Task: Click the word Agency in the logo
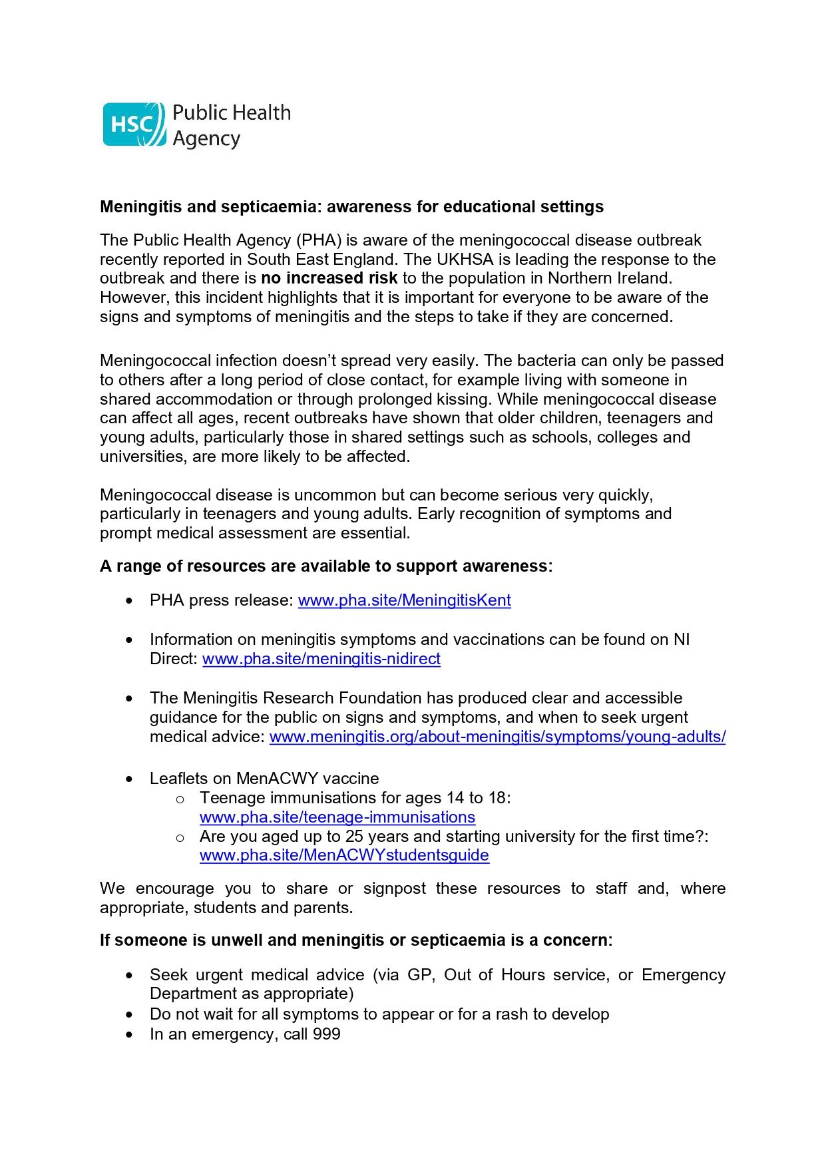tap(206, 139)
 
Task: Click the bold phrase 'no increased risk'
tap(329, 278)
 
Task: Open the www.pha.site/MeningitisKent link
tap(404, 600)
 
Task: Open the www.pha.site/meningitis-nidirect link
tap(321, 659)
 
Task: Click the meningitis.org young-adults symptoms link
tap(497, 737)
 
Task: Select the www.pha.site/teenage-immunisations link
tap(337, 817)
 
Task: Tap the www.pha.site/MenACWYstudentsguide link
tap(344, 855)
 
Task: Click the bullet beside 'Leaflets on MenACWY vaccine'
tap(129, 779)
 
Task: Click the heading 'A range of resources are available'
tap(325, 566)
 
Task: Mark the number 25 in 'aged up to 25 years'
tap(354, 837)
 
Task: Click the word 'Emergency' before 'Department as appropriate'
tap(683, 975)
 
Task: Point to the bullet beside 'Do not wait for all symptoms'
tap(129, 1015)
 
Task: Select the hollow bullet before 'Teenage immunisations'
tap(179, 799)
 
